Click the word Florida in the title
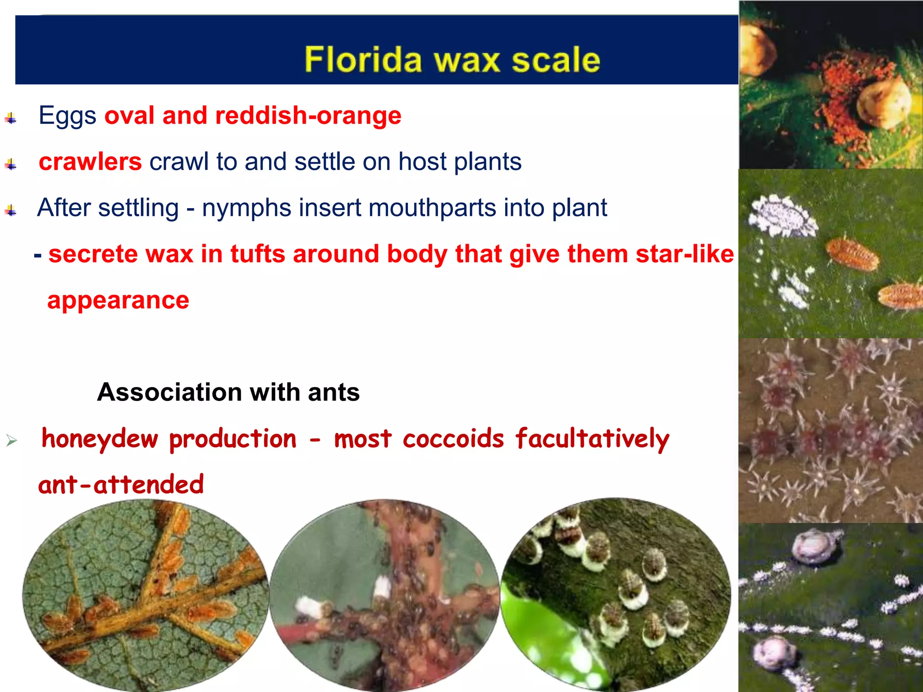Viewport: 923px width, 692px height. (363, 59)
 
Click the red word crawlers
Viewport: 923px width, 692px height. (90, 162)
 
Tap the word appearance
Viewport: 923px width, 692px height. (118, 300)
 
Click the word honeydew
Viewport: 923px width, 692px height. (100, 439)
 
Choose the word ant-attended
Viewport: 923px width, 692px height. (121, 485)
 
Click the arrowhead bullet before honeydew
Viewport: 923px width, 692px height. (12, 440)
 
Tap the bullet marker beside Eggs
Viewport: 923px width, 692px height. (11, 118)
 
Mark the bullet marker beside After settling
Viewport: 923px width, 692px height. (11, 210)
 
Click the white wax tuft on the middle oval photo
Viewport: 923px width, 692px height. (382, 588)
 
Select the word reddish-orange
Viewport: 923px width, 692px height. (308, 116)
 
